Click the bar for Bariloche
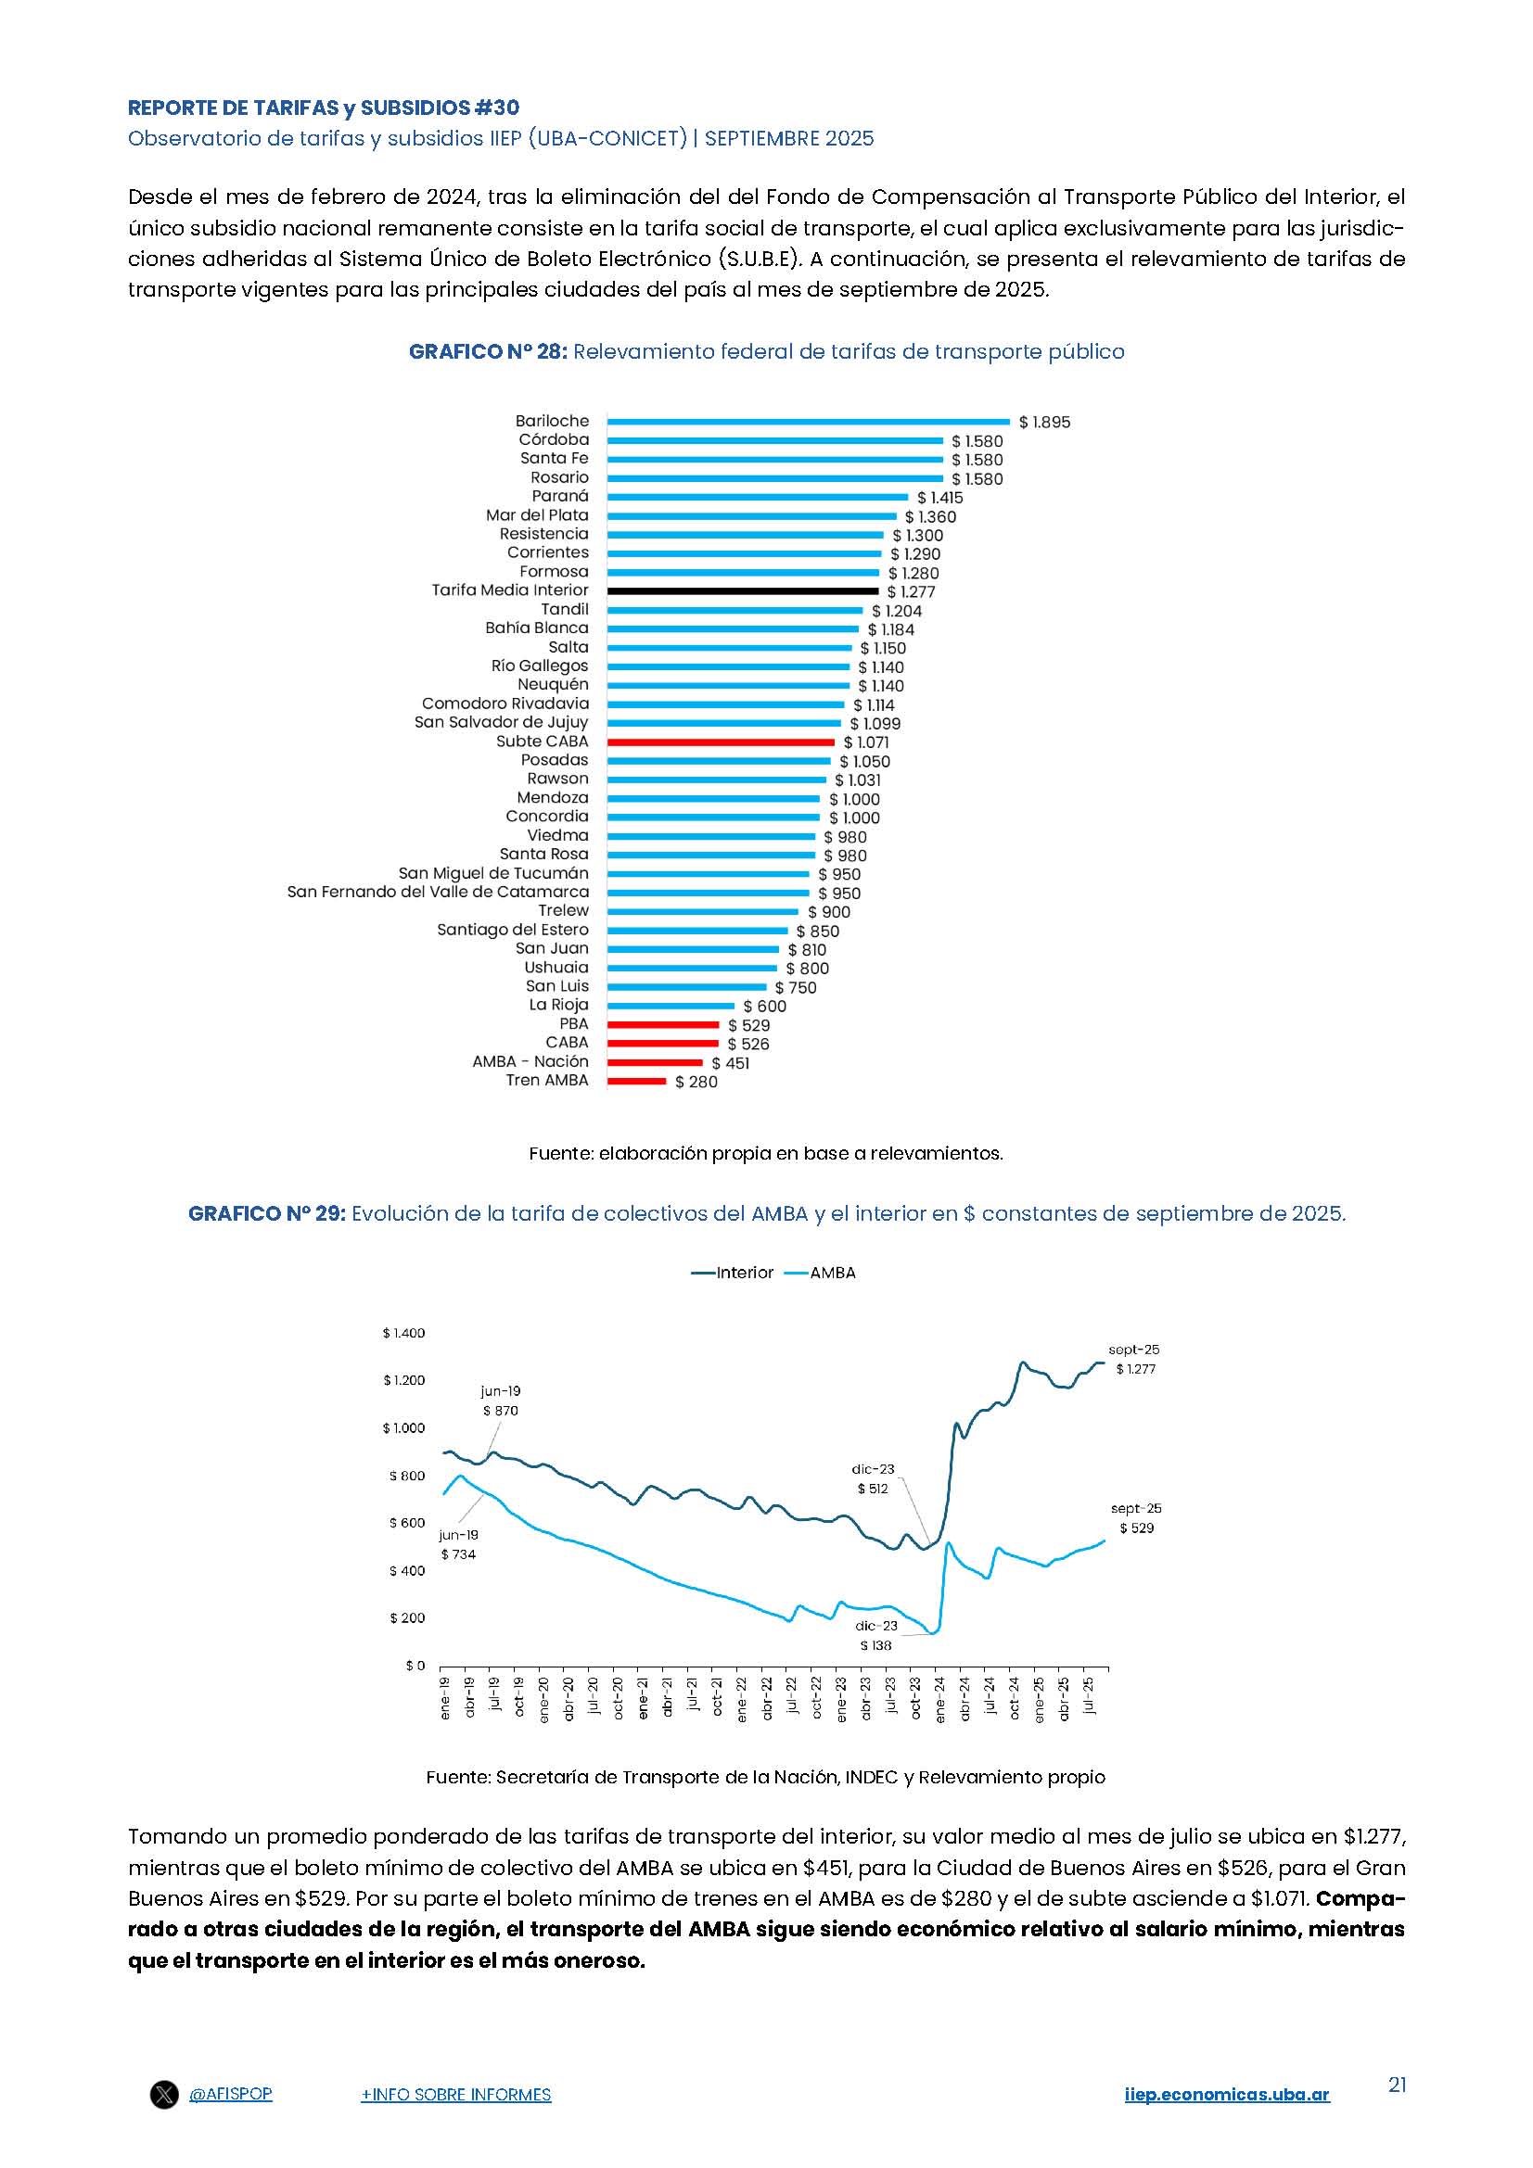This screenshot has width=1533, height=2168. tap(808, 422)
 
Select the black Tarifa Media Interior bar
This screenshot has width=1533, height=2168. tap(743, 591)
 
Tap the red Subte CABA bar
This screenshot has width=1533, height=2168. tap(721, 742)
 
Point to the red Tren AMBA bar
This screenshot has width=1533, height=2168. tap(635, 1081)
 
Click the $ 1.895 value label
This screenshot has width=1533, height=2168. tap(1044, 422)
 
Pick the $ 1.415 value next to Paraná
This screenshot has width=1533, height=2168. tap(939, 498)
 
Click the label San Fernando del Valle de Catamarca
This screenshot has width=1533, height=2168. tap(438, 893)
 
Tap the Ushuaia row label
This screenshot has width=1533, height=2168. tap(556, 968)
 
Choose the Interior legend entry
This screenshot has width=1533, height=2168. tap(733, 1273)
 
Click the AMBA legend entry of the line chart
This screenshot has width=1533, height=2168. tap(821, 1273)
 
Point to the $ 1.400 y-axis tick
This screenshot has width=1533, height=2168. tap(403, 1333)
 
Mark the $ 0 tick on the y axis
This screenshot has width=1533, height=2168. tap(415, 1666)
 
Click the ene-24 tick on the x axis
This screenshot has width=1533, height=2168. tap(939, 1700)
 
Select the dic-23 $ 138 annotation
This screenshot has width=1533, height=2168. tap(875, 1635)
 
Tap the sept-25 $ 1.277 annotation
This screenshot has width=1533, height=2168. tap(1134, 1360)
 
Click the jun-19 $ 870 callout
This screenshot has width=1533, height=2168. tap(501, 1401)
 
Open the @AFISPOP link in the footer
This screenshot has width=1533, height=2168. tap(231, 2120)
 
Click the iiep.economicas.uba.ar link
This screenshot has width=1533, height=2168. tap(1226, 2121)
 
